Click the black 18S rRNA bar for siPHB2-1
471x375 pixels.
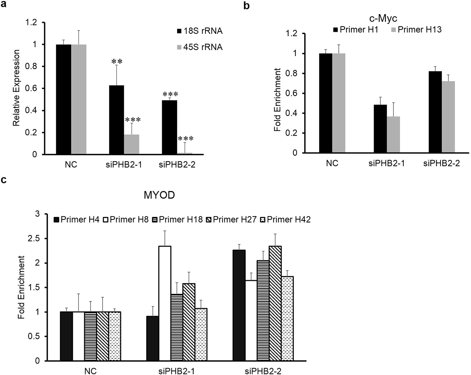tap(116, 120)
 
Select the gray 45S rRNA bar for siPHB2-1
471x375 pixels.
tap(132, 145)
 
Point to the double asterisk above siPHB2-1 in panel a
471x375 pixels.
tap(116, 62)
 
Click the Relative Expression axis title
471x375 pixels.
tap(17, 88)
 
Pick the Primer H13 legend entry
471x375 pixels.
tap(416, 30)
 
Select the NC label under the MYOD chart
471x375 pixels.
tap(90, 371)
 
